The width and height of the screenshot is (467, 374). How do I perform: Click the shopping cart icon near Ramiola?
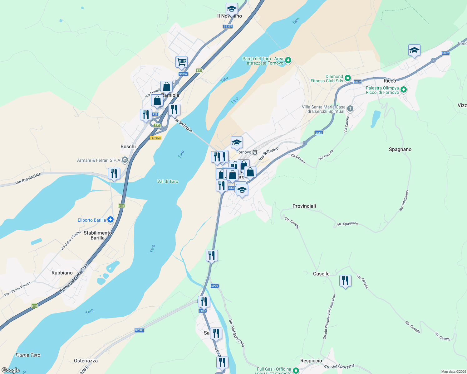(181, 62)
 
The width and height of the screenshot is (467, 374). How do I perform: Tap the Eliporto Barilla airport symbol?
(110, 220)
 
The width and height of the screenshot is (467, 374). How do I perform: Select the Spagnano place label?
(400, 149)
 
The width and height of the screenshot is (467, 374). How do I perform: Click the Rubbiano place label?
(62, 273)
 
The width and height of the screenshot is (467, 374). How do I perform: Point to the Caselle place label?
(321, 274)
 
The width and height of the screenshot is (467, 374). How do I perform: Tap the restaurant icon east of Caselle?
(345, 281)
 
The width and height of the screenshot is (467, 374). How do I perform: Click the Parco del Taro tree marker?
(288, 60)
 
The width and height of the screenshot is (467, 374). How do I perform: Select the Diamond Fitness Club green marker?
(348, 78)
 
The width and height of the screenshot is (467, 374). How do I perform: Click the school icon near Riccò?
(414, 50)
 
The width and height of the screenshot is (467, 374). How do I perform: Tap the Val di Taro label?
(168, 181)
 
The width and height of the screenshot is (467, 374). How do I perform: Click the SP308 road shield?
(139, 330)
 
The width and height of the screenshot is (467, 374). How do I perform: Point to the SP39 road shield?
(214, 286)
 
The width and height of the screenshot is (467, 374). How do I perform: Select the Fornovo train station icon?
(255, 152)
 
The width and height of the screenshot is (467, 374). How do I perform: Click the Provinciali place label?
(304, 206)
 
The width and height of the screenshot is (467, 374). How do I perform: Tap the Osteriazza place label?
(86, 361)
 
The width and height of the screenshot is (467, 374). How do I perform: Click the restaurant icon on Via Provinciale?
(114, 173)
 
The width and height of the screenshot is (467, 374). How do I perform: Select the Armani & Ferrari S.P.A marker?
(125, 160)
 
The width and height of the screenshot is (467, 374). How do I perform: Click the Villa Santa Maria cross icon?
(350, 108)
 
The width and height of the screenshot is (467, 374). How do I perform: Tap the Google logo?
(10, 370)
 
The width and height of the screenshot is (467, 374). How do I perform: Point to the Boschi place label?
(128, 146)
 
